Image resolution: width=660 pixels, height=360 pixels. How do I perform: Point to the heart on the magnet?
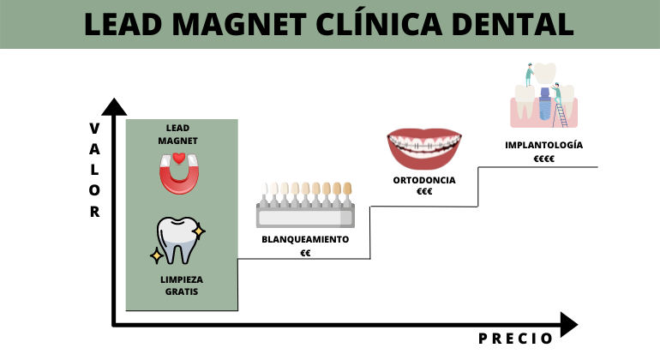178,158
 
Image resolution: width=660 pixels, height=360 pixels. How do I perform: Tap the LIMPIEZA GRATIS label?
181,285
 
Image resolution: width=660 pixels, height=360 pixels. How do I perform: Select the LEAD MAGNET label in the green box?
178,134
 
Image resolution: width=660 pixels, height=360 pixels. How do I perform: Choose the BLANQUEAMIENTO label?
305,239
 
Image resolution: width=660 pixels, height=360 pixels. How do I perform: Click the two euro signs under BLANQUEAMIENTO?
305,253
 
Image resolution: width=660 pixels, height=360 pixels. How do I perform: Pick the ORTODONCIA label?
424,180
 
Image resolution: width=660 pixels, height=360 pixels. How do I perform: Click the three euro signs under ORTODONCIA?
424,193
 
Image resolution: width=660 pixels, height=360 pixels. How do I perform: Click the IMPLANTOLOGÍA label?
544,145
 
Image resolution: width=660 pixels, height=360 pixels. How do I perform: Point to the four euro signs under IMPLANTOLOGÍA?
544,159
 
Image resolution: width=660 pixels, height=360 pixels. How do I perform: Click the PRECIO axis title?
515,339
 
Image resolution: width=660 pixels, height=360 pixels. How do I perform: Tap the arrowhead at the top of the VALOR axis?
113,106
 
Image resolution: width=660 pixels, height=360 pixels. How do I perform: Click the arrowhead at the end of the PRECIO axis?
570,325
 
